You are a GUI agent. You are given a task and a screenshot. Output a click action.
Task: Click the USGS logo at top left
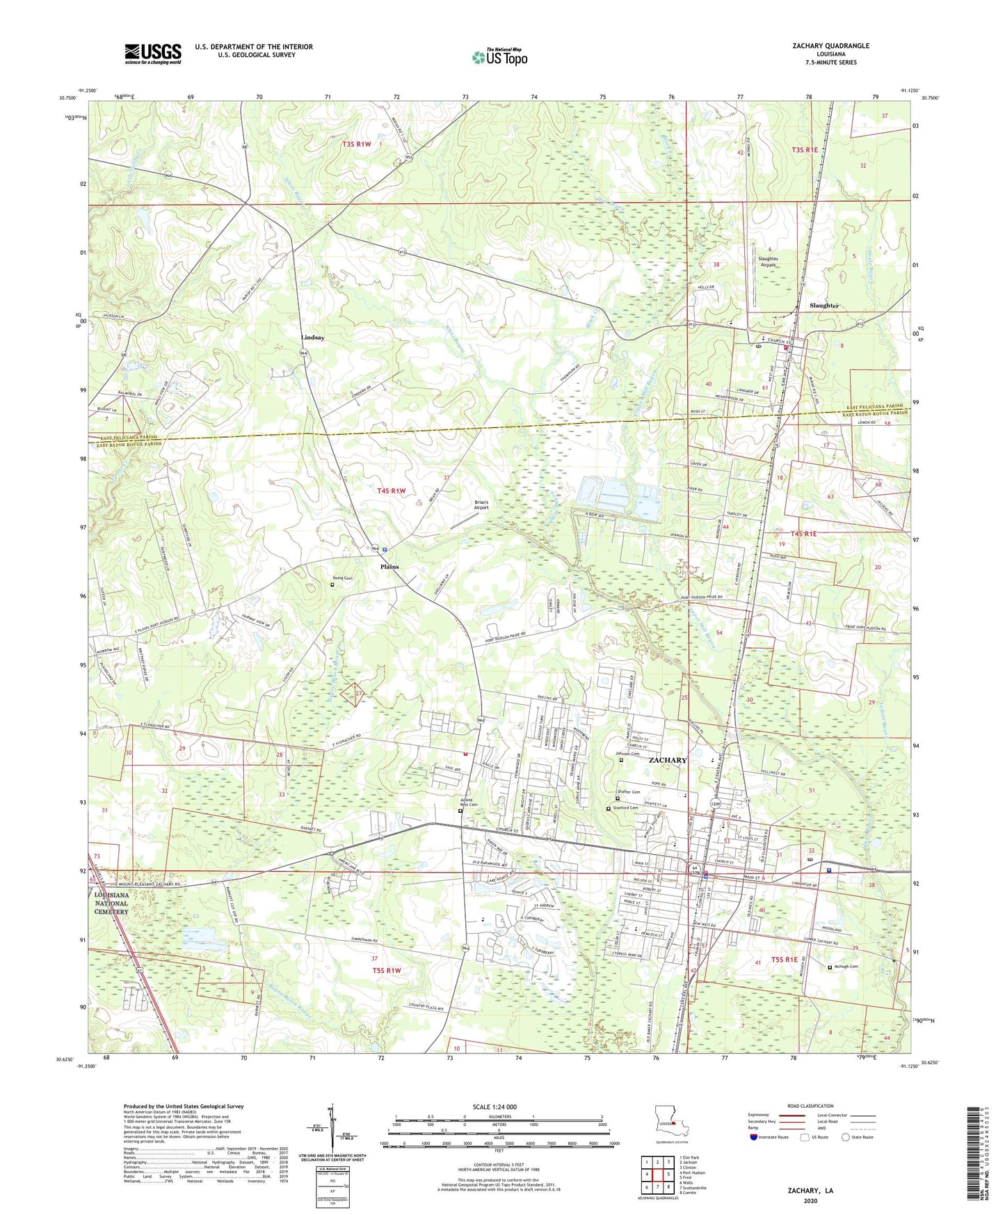coord(152,54)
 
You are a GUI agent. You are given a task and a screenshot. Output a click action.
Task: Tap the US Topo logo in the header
coord(498,58)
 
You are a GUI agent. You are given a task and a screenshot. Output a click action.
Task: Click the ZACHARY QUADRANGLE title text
coord(830,46)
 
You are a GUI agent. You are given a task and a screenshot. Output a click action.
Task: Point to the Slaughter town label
coord(824,305)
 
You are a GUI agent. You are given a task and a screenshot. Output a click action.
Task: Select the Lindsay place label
coord(312,337)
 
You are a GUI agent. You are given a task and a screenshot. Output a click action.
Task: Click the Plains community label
coord(389,566)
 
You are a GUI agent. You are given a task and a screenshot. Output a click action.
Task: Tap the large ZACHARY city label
coord(667,760)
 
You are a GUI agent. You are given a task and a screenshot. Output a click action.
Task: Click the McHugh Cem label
coord(846,966)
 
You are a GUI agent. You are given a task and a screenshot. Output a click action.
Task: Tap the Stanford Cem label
coord(626,808)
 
